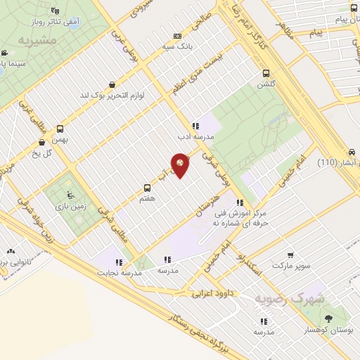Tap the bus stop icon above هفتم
click(x=147, y=188)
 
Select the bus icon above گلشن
click(x=266, y=73)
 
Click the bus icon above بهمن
click(x=60, y=129)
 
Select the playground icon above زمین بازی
click(x=68, y=195)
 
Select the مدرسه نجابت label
click(x=115, y=273)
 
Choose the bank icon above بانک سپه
click(x=177, y=37)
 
